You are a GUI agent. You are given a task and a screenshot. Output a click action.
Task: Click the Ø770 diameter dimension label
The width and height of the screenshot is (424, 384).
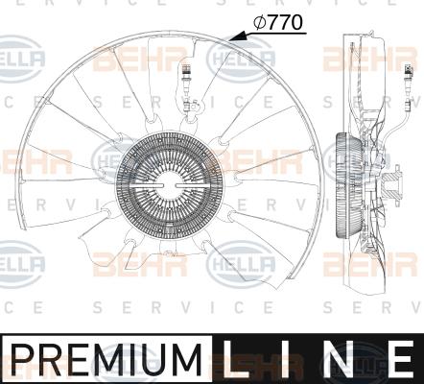(x=278, y=22)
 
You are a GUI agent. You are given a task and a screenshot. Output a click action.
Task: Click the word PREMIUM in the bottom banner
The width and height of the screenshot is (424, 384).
(x=106, y=359)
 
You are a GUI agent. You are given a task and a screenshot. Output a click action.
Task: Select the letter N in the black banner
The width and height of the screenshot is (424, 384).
(x=338, y=359)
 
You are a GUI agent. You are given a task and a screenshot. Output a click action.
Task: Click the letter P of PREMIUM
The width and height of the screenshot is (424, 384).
(x=22, y=359)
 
